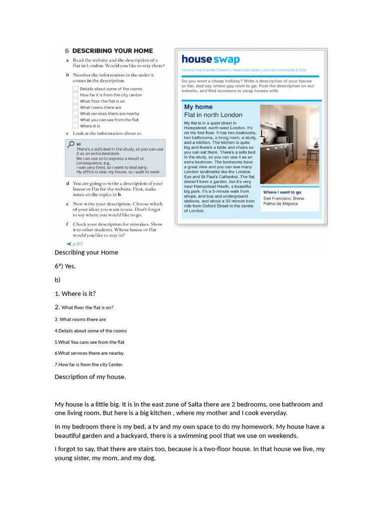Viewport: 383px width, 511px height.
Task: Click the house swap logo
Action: [210, 59]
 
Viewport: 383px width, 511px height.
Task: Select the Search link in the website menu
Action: [224, 70]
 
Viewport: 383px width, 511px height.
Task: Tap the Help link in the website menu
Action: [302, 70]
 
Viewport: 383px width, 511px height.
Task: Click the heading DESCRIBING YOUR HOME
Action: [112, 51]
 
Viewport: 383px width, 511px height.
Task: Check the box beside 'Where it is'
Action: [75, 126]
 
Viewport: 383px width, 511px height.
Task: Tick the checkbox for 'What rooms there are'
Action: [75, 107]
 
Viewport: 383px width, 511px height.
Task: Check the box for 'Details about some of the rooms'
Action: [75, 88]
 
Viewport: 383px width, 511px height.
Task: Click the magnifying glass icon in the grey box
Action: [71, 144]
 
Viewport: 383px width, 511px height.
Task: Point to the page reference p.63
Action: [77, 244]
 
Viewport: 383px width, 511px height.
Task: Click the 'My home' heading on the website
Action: [198, 107]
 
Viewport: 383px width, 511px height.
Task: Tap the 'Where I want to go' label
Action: [282, 192]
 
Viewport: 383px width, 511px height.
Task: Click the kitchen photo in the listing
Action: [289, 144]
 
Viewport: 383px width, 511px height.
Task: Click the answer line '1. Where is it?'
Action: [75, 293]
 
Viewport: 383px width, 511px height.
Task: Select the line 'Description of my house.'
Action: [90, 377]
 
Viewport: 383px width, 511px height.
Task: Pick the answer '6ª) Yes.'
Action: [65, 266]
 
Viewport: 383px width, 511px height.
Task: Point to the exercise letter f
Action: [67, 225]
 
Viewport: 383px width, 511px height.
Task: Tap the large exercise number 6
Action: [67, 51]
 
